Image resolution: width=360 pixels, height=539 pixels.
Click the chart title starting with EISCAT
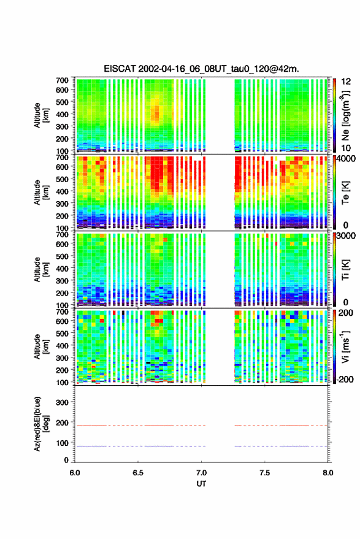click(x=201, y=69)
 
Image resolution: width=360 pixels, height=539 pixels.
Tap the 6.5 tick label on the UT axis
click(x=138, y=473)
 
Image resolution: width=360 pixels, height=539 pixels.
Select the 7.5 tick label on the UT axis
click(x=264, y=473)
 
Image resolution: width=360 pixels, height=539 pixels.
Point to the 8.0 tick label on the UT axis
click(x=327, y=473)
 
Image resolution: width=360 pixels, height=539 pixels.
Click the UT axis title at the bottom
click(x=201, y=484)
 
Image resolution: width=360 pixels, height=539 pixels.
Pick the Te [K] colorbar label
click(x=345, y=193)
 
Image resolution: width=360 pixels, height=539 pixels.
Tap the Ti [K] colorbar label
click(x=345, y=270)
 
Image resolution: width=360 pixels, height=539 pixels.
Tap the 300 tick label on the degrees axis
click(x=62, y=402)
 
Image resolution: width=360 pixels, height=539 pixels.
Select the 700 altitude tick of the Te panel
click(x=62, y=158)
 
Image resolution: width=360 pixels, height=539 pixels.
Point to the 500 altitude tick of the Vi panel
click(x=62, y=333)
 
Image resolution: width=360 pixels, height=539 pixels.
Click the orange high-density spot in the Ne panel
click(x=156, y=113)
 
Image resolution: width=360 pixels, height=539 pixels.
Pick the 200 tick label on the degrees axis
click(x=62, y=423)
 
